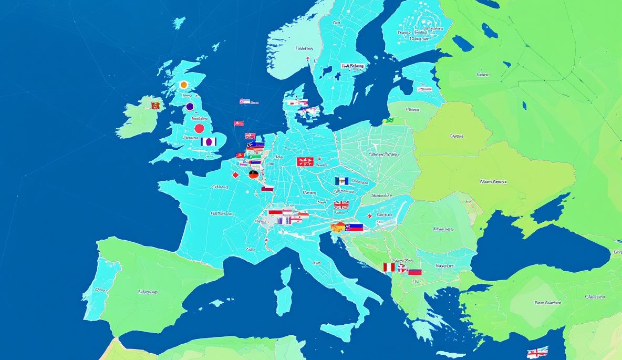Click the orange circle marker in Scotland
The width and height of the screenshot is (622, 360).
pyautogui.click(x=183, y=85)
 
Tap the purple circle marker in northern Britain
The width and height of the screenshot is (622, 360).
pyautogui.click(x=190, y=107)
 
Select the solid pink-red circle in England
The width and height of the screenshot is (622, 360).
pyautogui.click(x=199, y=128)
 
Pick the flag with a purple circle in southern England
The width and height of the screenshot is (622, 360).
pyautogui.click(x=209, y=141)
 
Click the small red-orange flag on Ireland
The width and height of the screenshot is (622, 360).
pyautogui.click(x=155, y=106)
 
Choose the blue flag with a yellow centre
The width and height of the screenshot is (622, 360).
pyautogui.click(x=341, y=181)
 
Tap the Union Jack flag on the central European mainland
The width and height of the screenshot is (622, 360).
pyautogui.click(x=341, y=204)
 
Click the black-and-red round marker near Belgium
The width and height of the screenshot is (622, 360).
pyautogui.click(x=254, y=174)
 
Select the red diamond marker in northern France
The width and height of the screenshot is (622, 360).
pyautogui.click(x=235, y=175)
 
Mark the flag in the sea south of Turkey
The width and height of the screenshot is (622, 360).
pyautogui.click(x=537, y=352)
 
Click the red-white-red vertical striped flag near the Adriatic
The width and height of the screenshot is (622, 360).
pyautogui.click(x=389, y=268)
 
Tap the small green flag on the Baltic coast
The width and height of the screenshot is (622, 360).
pyautogui.click(x=389, y=120)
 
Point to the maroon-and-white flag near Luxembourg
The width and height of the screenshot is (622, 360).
pyautogui.click(x=267, y=188)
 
